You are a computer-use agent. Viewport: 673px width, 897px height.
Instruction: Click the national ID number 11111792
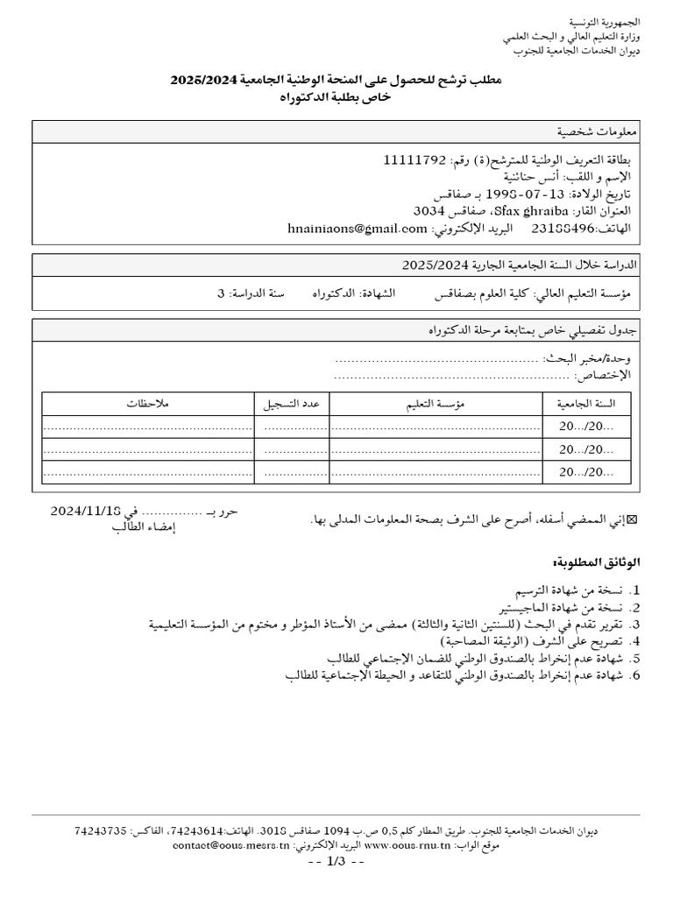(x=414, y=161)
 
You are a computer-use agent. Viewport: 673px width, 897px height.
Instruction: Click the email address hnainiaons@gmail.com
(x=357, y=229)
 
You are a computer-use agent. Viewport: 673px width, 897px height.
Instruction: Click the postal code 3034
(x=430, y=212)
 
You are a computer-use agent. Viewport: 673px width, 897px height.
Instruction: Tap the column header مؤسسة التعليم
(x=434, y=404)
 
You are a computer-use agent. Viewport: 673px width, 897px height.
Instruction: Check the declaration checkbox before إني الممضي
(x=634, y=520)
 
